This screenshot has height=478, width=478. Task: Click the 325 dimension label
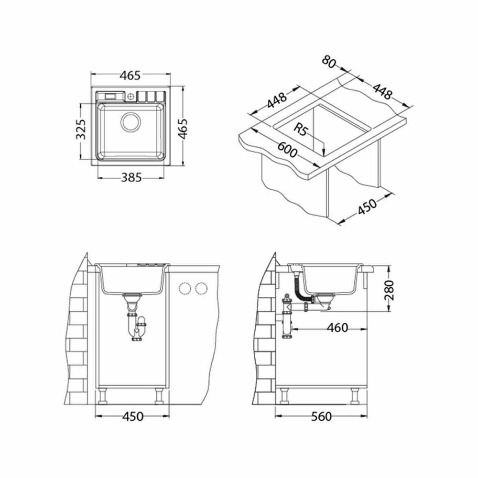81,129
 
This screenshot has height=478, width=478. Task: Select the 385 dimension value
131,177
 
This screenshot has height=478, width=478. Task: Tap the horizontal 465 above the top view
130,76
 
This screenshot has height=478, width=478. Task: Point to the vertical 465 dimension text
183,129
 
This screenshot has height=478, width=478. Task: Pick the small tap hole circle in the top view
131,97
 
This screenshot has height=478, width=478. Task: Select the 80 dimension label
329,62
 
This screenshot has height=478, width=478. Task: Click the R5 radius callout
301,129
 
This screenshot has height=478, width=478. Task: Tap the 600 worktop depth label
287,150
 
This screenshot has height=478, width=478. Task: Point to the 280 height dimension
389,290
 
